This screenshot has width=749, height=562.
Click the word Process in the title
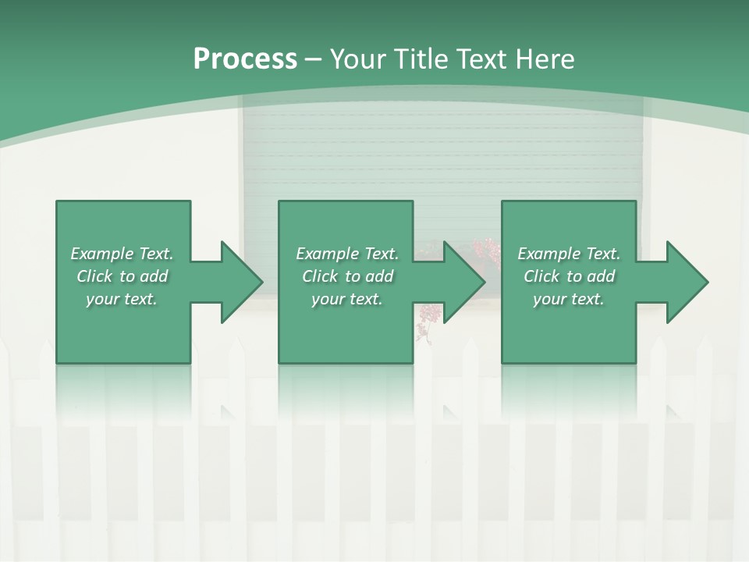tap(245, 59)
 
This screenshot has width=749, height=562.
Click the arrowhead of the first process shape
tap(241, 282)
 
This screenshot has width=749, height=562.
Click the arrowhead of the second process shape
tap(463, 282)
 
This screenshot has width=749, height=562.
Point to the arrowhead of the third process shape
tap(687, 282)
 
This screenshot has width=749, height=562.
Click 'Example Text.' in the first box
tap(122, 254)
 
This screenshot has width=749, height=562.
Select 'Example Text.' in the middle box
tap(347, 254)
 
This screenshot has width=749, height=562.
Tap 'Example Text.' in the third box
tap(569, 254)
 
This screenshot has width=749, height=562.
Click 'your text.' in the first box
tap(122, 299)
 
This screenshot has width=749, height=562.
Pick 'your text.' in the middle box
tap(347, 299)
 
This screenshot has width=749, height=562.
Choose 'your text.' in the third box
tap(569, 299)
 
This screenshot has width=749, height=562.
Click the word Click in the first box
tap(95, 276)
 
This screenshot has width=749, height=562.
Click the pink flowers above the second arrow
tap(486, 251)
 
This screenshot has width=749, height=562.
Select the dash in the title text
tap(313, 59)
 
